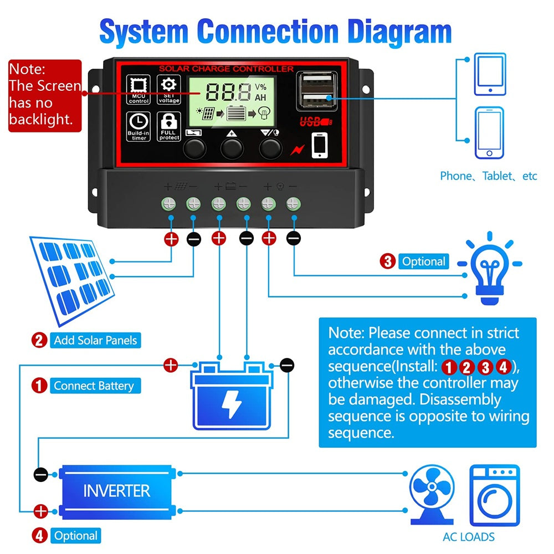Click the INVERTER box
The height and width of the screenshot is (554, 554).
pyautogui.click(x=116, y=490)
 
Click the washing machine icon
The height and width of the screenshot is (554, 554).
pyautogui.click(x=495, y=495)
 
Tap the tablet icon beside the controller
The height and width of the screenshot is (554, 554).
pyautogui.click(x=490, y=75)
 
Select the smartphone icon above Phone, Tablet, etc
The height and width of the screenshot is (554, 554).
pyautogui.click(x=489, y=134)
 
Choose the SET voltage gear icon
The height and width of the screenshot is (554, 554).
pyautogui.click(x=168, y=85)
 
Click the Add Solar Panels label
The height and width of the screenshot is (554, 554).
pyautogui.click(x=95, y=340)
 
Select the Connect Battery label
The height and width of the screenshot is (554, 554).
pyautogui.click(x=94, y=386)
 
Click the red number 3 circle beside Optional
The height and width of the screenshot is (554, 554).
pyautogui.click(x=388, y=261)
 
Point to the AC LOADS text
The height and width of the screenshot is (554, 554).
pyautogui.click(x=469, y=536)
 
